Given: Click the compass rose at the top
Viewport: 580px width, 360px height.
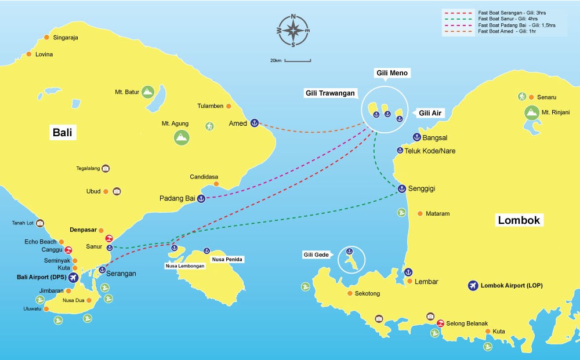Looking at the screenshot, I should pyautogui.click(x=293, y=30).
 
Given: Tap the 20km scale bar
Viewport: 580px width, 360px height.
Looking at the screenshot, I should pyautogui.click(x=298, y=60).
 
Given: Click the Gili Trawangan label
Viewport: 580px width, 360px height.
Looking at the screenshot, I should pyautogui.click(x=331, y=93).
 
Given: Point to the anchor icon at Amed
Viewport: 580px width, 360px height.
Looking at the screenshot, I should pyautogui.click(x=254, y=123).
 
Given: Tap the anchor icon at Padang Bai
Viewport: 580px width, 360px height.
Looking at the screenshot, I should pyautogui.click(x=201, y=199).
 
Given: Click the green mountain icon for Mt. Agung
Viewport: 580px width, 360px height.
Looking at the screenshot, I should pyautogui.click(x=182, y=137).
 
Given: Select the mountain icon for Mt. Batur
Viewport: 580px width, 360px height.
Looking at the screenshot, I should pyautogui.click(x=148, y=91).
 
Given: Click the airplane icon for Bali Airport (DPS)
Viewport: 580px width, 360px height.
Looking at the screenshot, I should pyautogui.click(x=73, y=278).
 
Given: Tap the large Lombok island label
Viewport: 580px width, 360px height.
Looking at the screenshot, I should pyautogui.click(x=519, y=220).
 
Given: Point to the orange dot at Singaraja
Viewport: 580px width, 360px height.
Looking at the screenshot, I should pyautogui.click(x=47, y=38).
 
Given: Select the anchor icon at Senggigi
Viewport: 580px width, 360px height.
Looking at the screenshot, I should pyautogui.click(x=401, y=188).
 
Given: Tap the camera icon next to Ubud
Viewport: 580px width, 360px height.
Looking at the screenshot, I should pyautogui.click(x=117, y=191).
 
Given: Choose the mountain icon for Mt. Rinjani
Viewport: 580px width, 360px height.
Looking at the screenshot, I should pyautogui.click(x=530, y=112).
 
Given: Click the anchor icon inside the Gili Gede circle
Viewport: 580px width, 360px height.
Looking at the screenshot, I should pyautogui.click(x=349, y=251).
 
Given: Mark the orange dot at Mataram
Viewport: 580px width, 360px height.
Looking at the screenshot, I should pyautogui.click(x=419, y=214).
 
